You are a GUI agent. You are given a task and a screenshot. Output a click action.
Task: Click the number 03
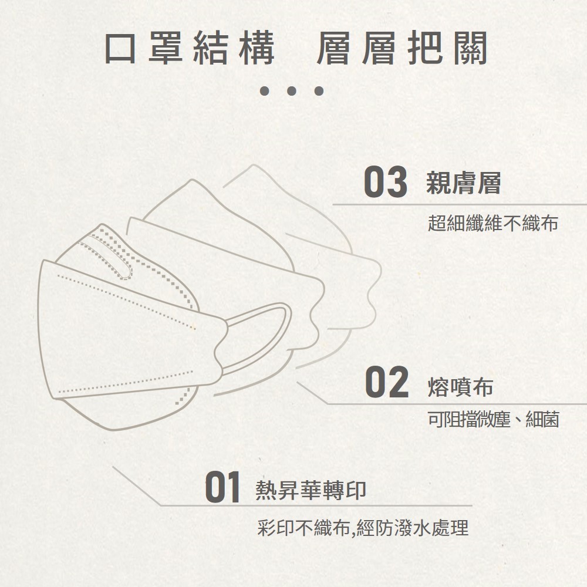point(386,182)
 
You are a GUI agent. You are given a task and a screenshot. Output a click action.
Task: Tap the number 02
point(387,382)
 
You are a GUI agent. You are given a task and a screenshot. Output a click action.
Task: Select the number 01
point(222,487)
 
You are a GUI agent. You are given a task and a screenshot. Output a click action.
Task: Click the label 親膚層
point(464,183)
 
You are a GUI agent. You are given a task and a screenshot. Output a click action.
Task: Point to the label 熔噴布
point(460,387)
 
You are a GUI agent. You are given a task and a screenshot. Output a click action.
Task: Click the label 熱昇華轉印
point(311,490)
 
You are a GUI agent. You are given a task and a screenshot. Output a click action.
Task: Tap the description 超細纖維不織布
point(493,224)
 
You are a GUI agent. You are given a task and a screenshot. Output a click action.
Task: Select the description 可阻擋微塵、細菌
point(494,419)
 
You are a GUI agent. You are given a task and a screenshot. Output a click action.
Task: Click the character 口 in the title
point(120,48)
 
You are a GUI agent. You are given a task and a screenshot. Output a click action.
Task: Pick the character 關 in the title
point(471,48)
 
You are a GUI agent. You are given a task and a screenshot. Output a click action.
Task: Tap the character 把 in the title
point(425,48)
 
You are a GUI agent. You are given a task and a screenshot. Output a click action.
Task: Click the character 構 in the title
point(257,48)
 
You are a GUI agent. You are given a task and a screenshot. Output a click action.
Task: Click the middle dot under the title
point(292,90)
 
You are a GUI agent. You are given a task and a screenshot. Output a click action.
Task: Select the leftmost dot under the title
point(264,90)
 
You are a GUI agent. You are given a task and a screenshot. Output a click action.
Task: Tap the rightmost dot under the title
point(319,90)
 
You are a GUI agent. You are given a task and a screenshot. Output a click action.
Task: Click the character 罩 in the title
point(166,48)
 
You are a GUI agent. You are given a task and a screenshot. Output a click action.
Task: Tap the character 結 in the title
point(211,48)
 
